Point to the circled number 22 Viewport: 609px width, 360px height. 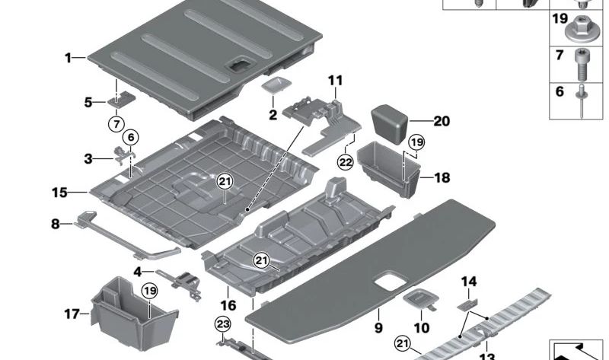pyautogui.click(x=346, y=161)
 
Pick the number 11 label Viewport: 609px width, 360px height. pyautogui.click(x=336, y=80)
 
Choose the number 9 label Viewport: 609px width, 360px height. pyautogui.click(x=378, y=328)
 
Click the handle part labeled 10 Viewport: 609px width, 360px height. pyautogui.click(x=418, y=300)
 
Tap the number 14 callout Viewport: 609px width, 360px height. pyautogui.click(x=468, y=282)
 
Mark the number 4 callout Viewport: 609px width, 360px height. pyautogui.click(x=137, y=271)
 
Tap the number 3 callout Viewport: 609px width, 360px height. pyautogui.click(x=89, y=158)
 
